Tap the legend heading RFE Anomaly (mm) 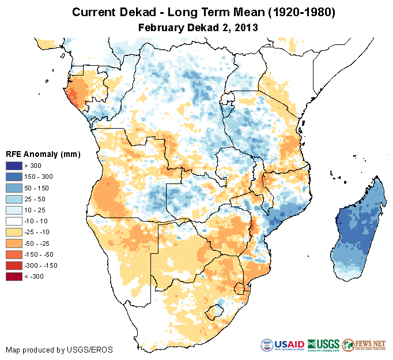(43, 154)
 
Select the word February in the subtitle (162, 27)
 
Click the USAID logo (282, 345)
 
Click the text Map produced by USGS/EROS (59, 350)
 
